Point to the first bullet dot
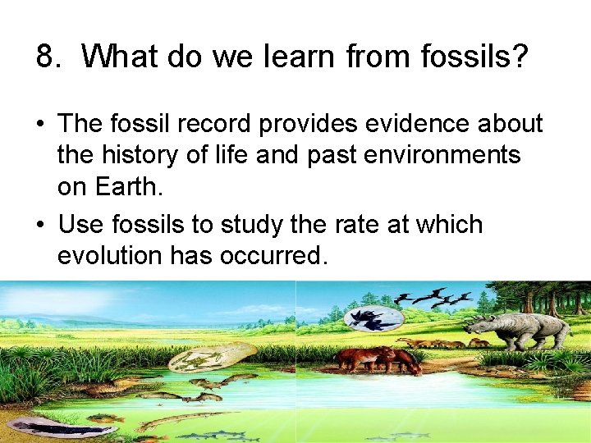click(40, 125)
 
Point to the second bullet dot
click(40, 225)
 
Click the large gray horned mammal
click(520, 330)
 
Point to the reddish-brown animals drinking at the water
click(373, 359)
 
